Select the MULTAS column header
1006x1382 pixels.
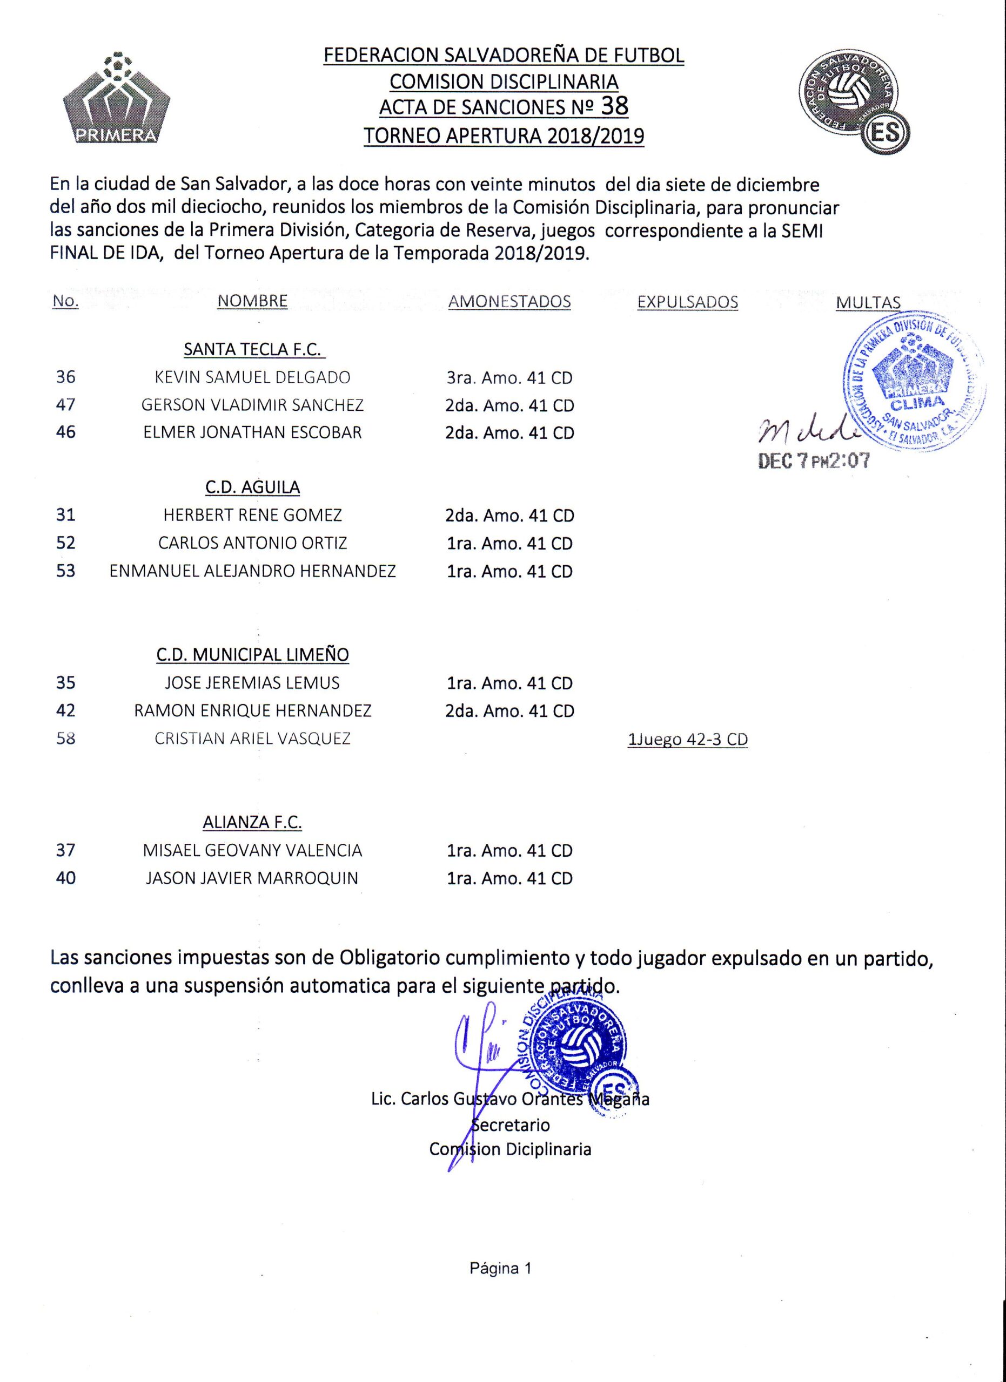coord(868,303)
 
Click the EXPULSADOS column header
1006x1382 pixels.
coord(687,302)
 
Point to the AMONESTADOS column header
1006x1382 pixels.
coord(509,302)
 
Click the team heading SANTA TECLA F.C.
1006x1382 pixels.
coord(254,350)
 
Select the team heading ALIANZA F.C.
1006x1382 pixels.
coord(252,823)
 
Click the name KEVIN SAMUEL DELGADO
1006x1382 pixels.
coord(252,377)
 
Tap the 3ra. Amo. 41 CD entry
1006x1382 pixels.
coord(509,378)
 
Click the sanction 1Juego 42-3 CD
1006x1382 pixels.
coord(687,739)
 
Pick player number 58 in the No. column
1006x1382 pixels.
coord(65,739)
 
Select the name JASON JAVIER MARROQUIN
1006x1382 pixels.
coord(252,878)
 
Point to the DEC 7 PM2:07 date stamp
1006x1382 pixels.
coord(813,461)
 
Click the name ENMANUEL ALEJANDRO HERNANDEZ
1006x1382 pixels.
coord(252,571)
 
